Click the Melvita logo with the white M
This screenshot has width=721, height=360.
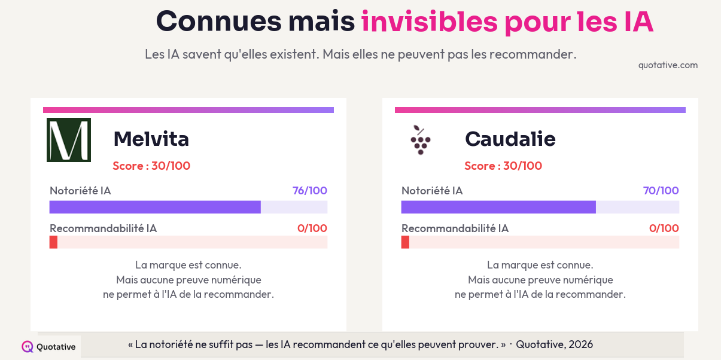69,140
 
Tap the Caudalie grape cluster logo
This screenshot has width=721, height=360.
420,140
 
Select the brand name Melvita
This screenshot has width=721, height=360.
151,139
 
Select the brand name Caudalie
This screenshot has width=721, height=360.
510,139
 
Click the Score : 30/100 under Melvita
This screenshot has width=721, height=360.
151,166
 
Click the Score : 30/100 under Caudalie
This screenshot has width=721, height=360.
503,166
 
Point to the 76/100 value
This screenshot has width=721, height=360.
309,191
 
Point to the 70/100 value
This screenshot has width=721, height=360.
661,191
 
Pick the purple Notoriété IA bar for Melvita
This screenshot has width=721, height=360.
155,207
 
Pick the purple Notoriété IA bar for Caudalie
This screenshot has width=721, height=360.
498,207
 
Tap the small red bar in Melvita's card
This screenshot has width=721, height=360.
53,242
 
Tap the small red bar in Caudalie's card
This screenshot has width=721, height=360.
405,242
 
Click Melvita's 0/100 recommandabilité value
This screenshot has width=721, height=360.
312,228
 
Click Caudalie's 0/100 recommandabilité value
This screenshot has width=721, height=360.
664,228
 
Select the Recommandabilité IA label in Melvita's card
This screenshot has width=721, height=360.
103,228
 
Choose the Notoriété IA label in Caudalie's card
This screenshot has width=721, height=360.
432,191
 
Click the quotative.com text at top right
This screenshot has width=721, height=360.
668,65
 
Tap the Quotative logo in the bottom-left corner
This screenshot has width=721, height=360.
49,347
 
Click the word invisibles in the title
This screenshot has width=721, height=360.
429,22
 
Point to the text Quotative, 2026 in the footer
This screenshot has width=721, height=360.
554,344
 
